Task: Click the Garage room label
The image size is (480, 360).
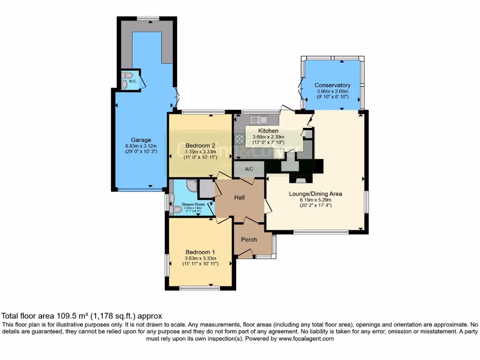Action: point(141,140)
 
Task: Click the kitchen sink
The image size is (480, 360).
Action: point(258,119)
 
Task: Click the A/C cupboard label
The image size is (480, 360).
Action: point(249,169)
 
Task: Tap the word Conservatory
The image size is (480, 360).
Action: point(332,85)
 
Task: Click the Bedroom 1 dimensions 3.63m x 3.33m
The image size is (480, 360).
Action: point(200,258)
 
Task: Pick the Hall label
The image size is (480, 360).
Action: point(239,198)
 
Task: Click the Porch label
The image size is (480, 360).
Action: point(249,240)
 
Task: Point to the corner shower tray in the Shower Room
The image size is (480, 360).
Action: point(191,186)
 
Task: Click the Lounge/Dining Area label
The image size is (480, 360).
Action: point(316,194)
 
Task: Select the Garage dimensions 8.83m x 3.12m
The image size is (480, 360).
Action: point(141,146)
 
